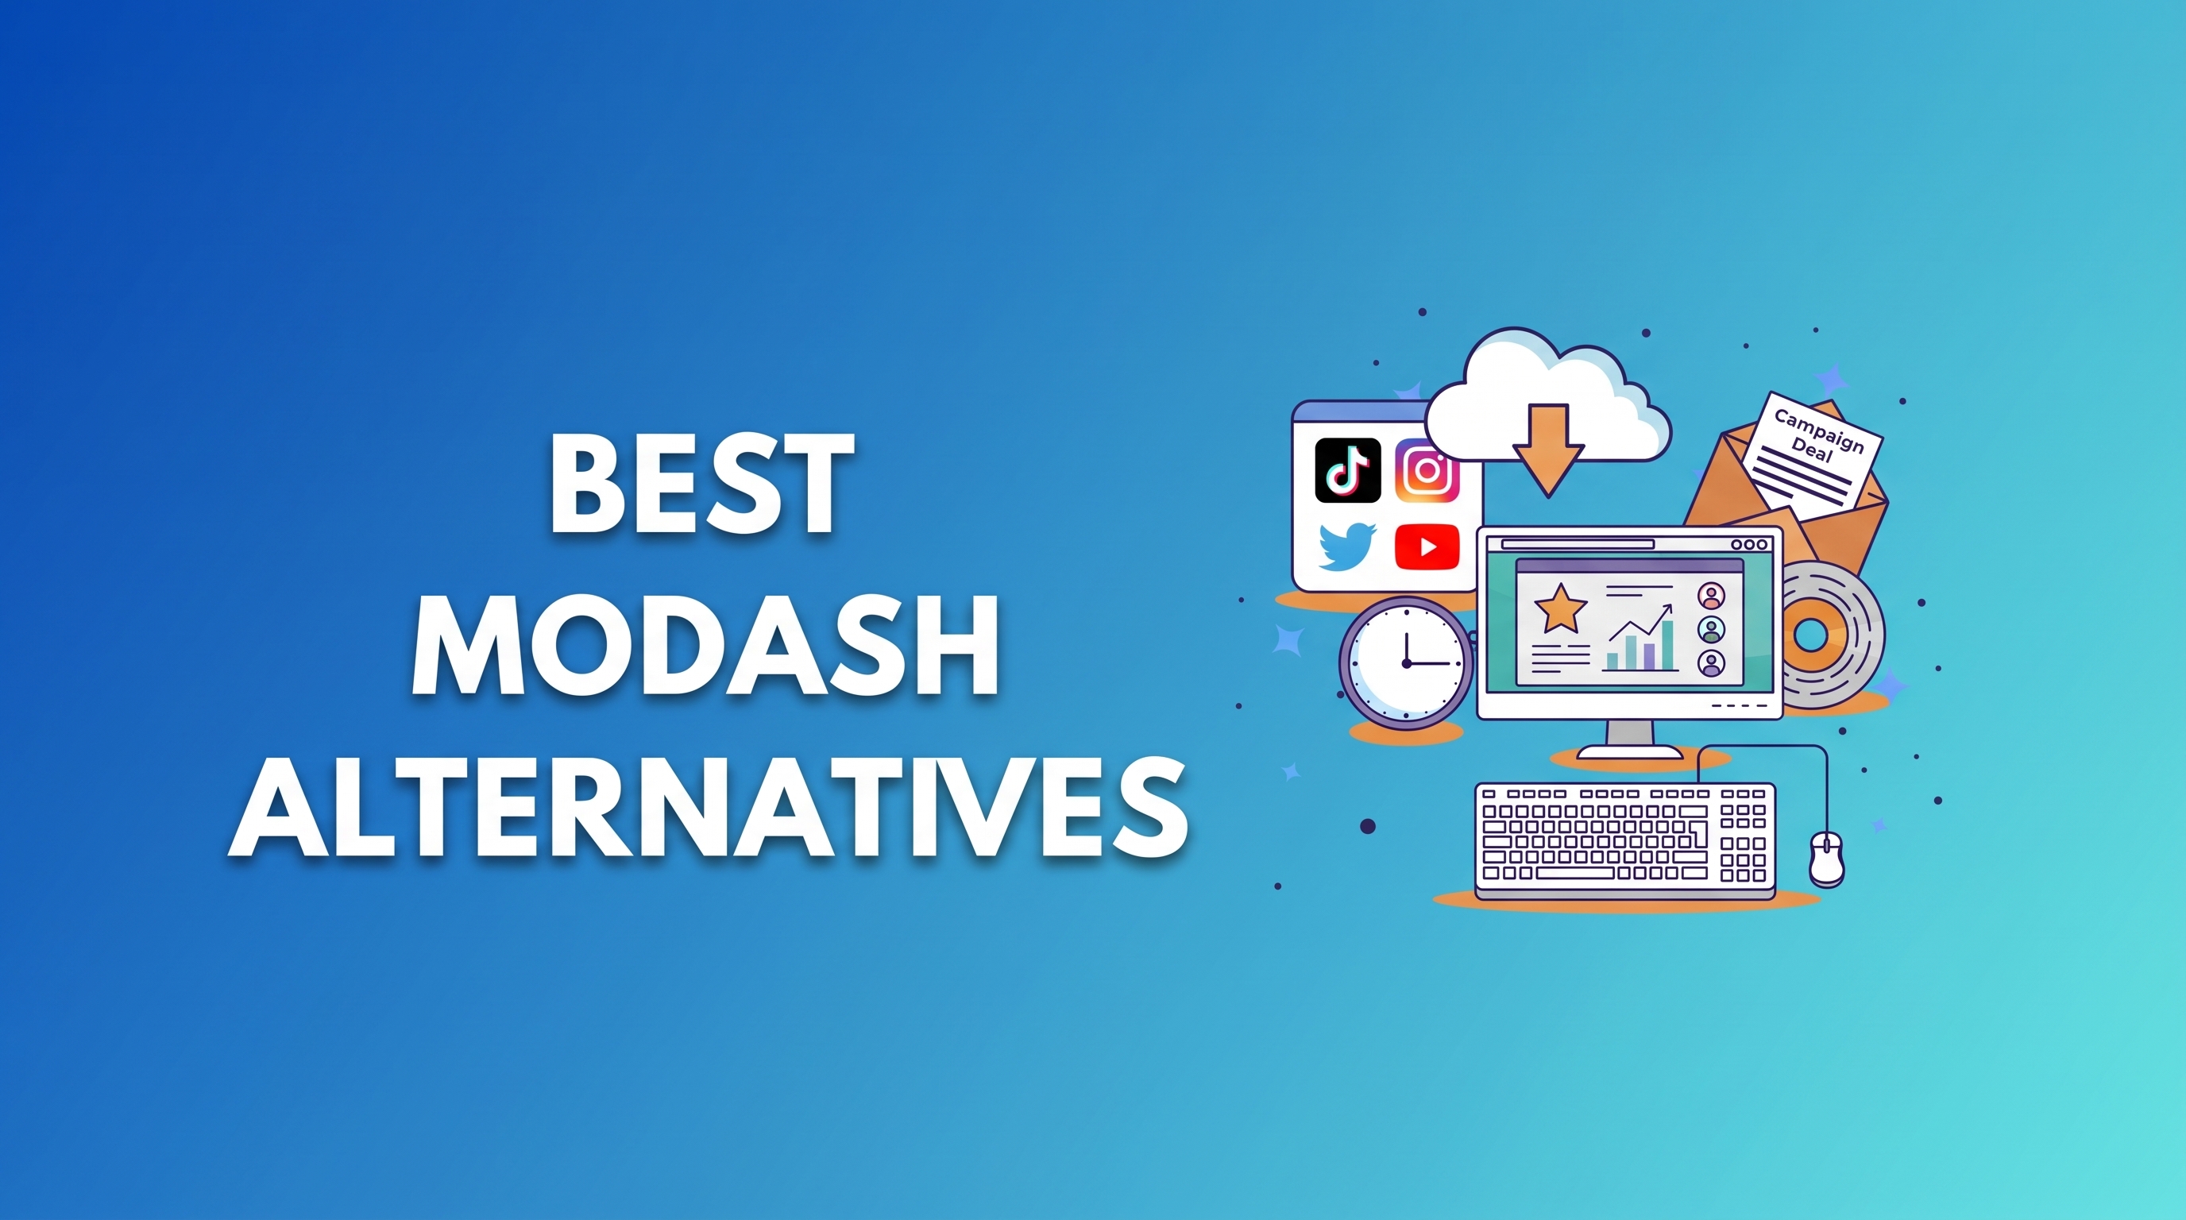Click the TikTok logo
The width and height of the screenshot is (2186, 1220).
(1346, 470)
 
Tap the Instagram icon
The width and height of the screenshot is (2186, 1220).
(1427, 470)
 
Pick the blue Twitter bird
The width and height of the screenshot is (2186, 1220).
(1346, 546)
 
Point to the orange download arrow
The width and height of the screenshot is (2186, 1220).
(1548, 450)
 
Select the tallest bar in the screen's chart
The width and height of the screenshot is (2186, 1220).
(1667, 645)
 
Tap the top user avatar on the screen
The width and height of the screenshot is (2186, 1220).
(1711, 596)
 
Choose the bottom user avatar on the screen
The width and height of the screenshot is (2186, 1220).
(1711, 662)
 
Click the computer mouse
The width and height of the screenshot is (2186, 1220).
(1825, 858)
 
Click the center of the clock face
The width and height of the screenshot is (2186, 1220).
(1406, 662)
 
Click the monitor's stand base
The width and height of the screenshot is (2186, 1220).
(1628, 751)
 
